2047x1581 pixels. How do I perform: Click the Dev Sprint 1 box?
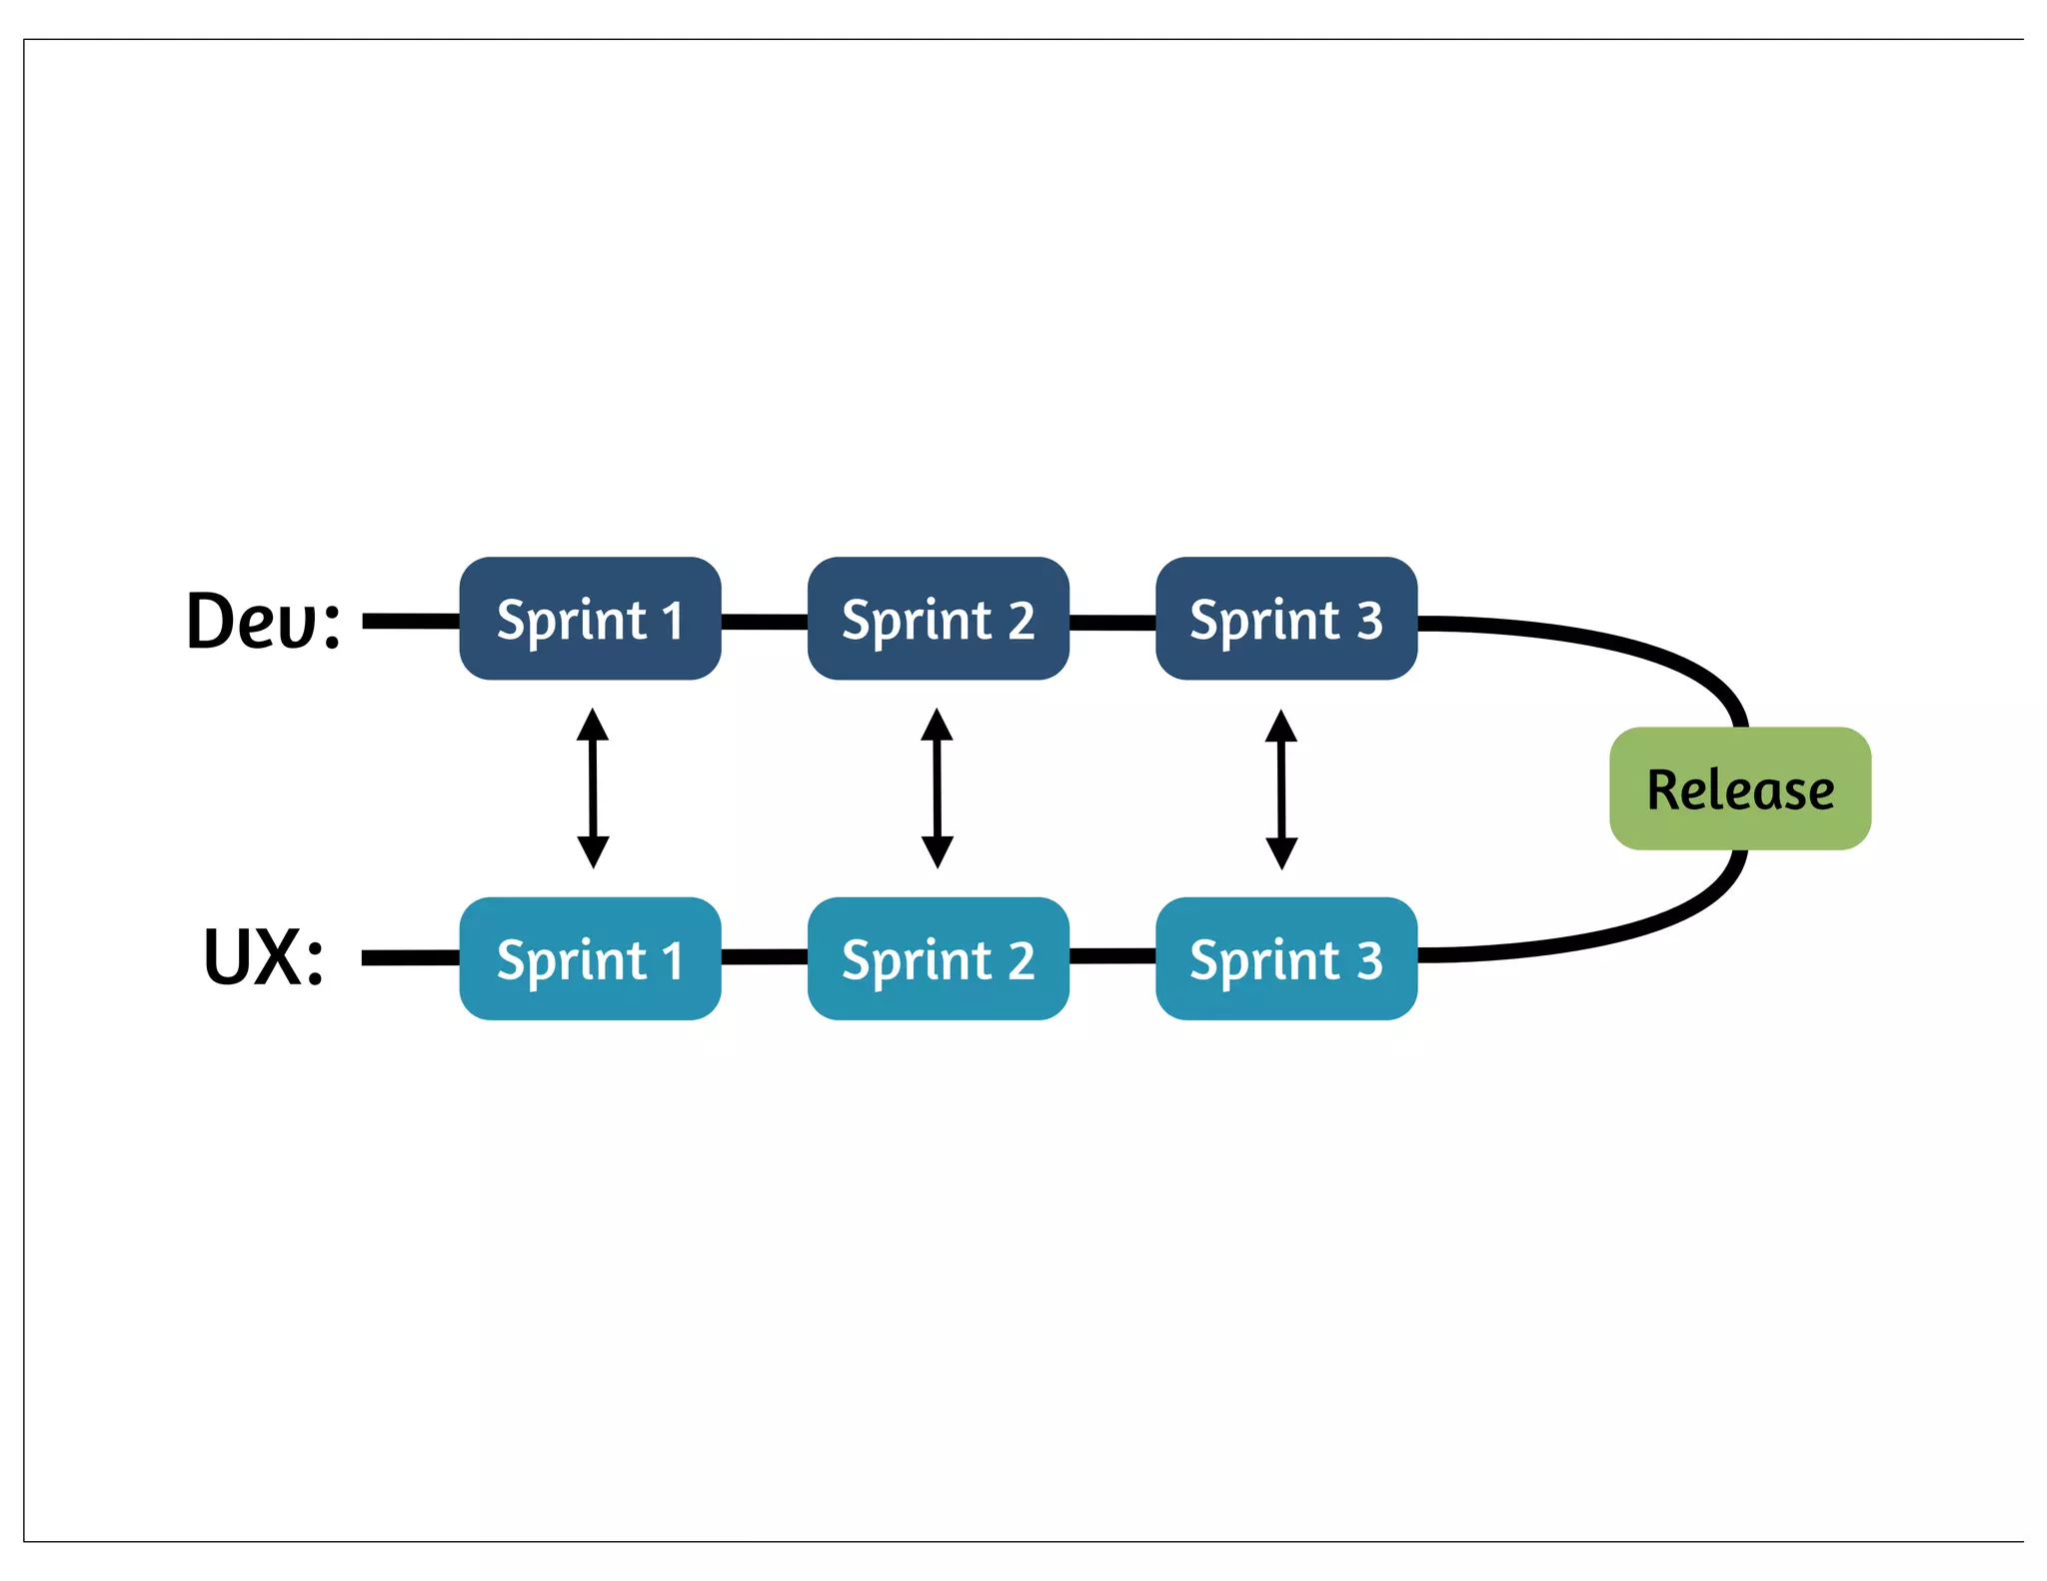tap(590, 619)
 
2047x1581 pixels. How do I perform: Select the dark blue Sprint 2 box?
tap(938, 619)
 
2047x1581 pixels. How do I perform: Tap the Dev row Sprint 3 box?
tap(1285, 619)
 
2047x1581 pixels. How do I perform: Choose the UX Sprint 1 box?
tap(590, 958)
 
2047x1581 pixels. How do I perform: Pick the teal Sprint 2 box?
tap(938, 958)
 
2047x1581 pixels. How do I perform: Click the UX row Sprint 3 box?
tap(1285, 958)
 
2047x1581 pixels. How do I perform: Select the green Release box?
tap(1739, 789)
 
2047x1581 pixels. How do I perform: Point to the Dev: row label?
tap(263, 621)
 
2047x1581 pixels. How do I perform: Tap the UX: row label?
tap(263, 957)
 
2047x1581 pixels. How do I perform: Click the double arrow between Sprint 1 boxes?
tap(593, 789)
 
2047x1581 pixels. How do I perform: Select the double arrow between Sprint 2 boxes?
tap(937, 789)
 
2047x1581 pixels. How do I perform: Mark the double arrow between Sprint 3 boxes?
tap(1281, 790)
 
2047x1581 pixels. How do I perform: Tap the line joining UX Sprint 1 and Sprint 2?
tap(764, 957)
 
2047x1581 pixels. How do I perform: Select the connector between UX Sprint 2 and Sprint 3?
tap(1111, 956)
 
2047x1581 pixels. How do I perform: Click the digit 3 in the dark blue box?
tap(1369, 621)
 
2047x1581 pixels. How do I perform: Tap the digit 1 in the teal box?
tap(672, 960)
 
